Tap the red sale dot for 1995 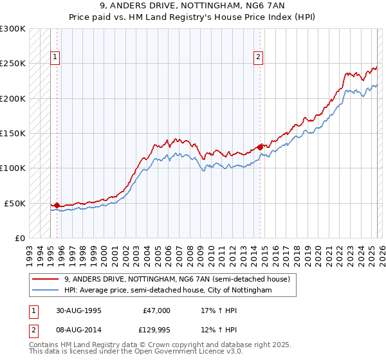[57, 206]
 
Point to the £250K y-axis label [13, 64]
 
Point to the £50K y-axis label [15, 203]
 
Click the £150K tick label [13, 133]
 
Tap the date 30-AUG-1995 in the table [78, 310]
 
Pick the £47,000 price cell [155, 310]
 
